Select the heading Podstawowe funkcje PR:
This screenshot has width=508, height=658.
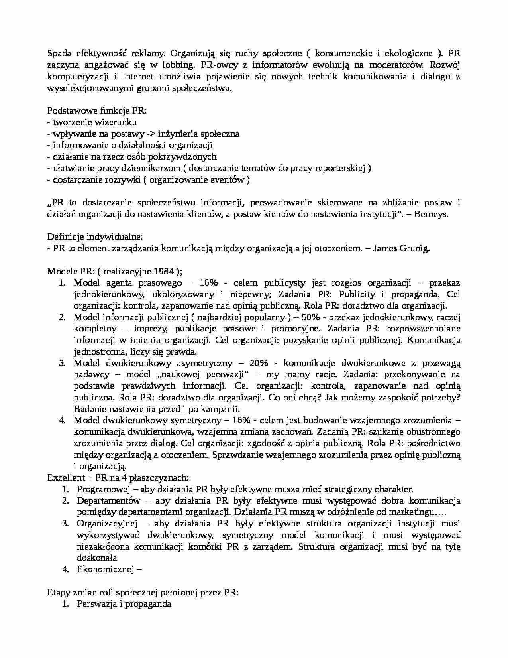97,111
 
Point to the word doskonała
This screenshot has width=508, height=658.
97,558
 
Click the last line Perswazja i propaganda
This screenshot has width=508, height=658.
124,604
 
